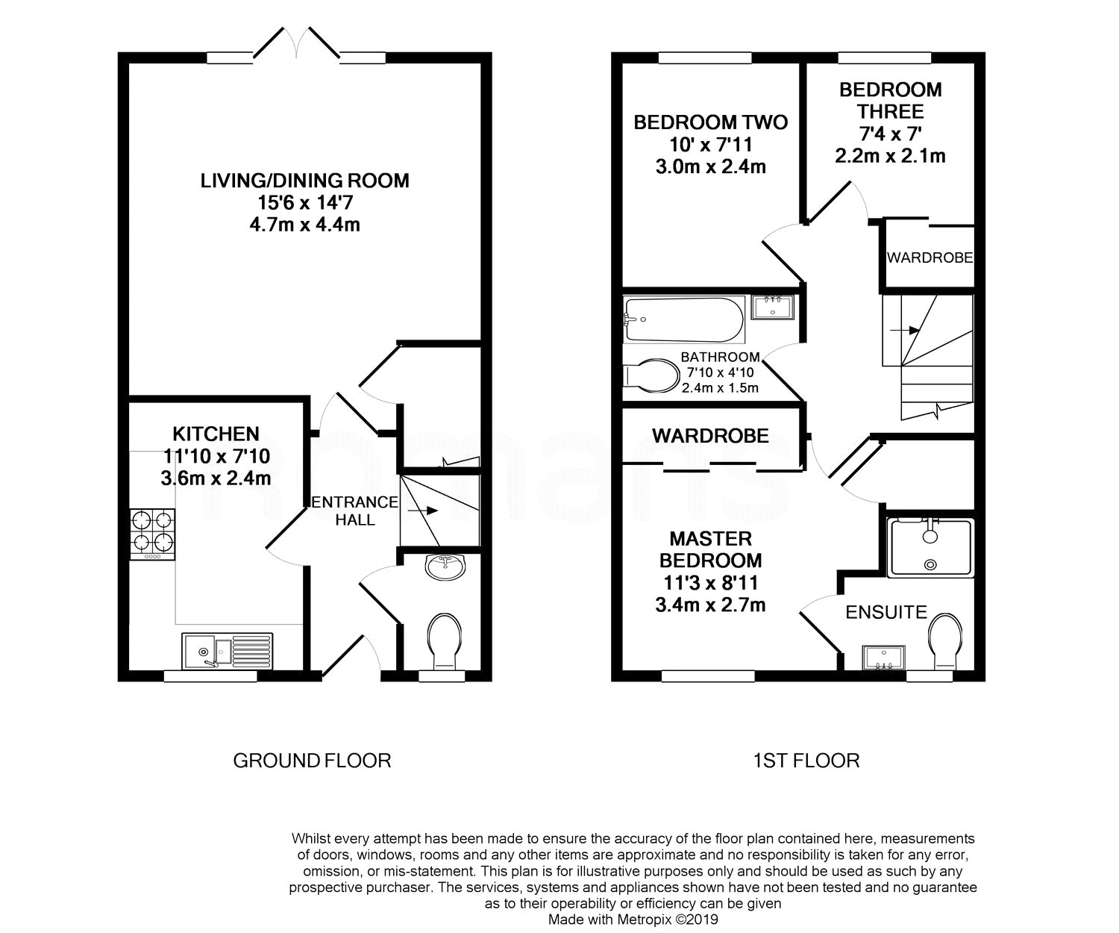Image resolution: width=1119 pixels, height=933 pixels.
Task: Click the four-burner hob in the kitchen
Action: coord(152,534)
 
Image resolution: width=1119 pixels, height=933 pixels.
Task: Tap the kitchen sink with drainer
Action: coord(228,651)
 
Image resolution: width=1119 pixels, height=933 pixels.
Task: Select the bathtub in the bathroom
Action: coord(684,319)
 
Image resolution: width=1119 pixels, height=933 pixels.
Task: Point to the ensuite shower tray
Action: coord(930,547)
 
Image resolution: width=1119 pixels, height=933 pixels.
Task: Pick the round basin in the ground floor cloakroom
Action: coord(445,567)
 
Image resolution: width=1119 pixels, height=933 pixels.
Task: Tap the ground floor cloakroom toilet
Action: coord(445,641)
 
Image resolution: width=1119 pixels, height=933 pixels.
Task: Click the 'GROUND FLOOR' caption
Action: coord(312,761)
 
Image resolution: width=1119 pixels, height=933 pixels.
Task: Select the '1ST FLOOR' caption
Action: coord(806,761)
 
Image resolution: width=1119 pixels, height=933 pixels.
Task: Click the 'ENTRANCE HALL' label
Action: coord(355,511)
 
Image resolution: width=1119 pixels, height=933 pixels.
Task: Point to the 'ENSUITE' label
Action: coord(886,612)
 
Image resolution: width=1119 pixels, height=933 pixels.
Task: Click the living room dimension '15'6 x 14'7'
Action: coord(305,203)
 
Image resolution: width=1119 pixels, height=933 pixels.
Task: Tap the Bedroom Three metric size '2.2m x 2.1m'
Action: coord(890,155)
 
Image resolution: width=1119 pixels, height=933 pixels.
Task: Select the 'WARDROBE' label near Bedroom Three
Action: coord(930,258)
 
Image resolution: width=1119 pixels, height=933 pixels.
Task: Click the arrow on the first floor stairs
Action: coord(905,331)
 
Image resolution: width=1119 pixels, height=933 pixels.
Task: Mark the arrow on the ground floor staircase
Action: coord(423,511)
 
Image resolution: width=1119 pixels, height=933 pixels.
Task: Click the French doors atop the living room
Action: coord(296,42)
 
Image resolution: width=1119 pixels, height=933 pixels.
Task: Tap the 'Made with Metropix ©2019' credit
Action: coord(633,920)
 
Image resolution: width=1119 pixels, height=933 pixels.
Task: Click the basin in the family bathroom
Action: coord(772,308)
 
